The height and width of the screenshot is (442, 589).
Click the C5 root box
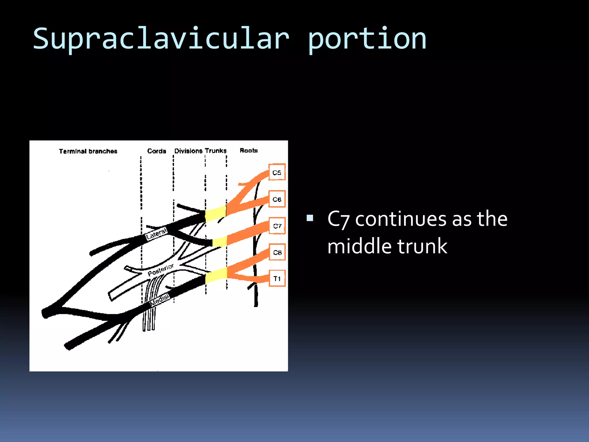coord(277,172)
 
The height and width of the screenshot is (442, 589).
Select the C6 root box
coord(277,199)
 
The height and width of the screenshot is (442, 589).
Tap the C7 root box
coord(277,226)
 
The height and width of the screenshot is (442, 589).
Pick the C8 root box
coord(277,252)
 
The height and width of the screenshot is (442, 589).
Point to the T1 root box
coord(277,278)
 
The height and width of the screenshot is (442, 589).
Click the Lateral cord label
coord(156,234)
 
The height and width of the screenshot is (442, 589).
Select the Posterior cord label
coord(161,270)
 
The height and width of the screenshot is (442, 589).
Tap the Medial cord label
coord(160,299)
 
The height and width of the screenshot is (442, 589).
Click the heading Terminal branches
coord(88,151)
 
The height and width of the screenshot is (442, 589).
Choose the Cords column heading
coord(156,151)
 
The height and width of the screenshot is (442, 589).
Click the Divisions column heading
coord(188,151)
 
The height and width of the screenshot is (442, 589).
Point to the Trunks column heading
coord(216,150)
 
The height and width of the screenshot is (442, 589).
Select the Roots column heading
coord(249,150)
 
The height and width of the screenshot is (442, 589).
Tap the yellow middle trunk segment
coord(220,241)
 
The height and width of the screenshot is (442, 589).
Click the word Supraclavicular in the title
coord(161,39)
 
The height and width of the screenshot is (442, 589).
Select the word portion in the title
coord(367,39)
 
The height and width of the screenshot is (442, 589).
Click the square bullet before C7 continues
coord(310,218)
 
